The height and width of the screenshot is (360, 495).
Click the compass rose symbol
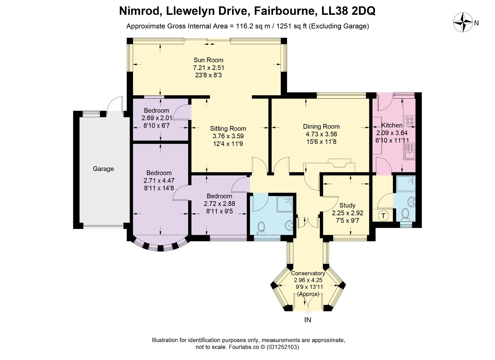(463, 22)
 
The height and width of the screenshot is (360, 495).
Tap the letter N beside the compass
(476, 23)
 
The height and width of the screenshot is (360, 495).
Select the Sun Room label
(209, 60)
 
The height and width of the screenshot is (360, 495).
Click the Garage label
(103, 169)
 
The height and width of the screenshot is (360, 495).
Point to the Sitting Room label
(228, 129)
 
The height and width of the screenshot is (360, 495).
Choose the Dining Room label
(321, 126)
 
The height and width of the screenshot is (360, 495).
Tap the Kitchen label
(392, 125)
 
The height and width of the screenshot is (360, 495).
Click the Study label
(347, 205)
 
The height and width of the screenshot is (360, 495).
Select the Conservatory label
(308, 273)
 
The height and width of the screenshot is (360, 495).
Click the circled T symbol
(384, 216)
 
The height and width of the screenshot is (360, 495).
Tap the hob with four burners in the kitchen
(410, 121)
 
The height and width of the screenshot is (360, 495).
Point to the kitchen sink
(410, 151)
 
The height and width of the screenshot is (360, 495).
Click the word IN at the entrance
(308, 320)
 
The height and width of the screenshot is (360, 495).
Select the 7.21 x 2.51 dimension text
(209, 68)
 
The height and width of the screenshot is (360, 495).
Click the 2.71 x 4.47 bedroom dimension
(159, 181)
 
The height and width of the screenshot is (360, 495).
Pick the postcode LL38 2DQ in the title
(348, 11)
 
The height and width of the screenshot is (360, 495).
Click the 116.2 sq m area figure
(253, 26)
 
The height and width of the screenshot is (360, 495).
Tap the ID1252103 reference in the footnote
(283, 347)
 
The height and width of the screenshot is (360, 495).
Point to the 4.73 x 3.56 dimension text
(321, 134)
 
